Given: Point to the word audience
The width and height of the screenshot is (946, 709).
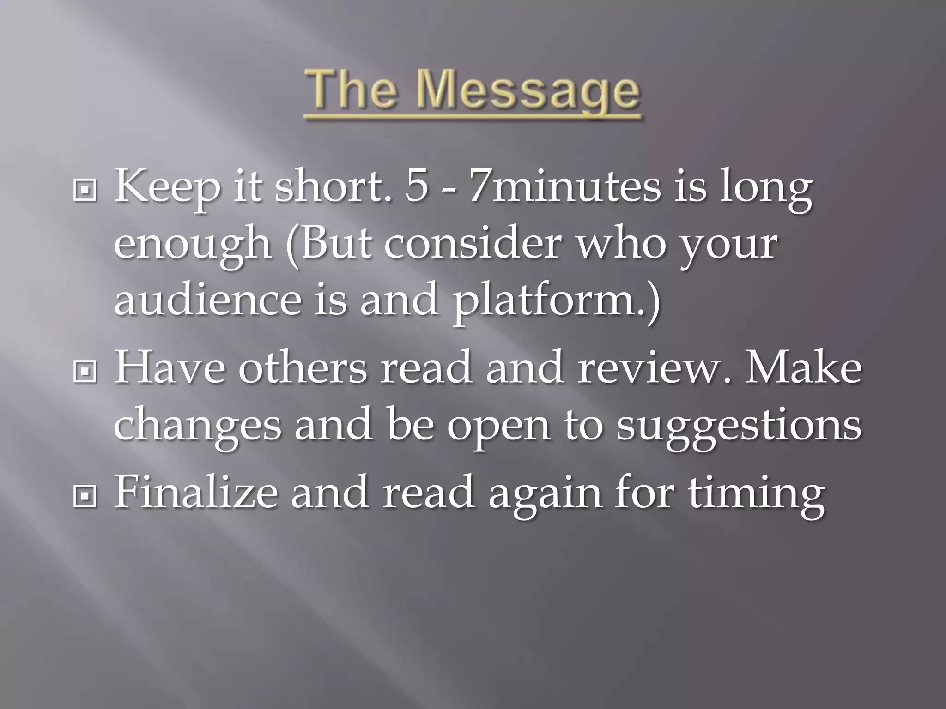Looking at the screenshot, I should click(207, 300).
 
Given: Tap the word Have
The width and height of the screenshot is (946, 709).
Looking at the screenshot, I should click(170, 369).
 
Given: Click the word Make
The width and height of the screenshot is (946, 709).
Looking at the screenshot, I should click(803, 369).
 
